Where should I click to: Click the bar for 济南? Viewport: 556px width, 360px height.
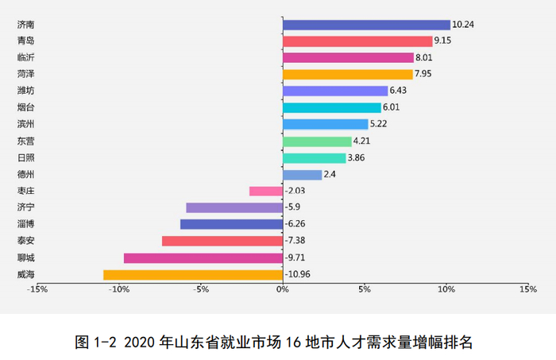(366, 25)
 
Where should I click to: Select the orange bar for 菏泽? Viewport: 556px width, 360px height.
(348, 75)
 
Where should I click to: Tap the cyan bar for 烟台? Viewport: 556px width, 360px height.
(332, 107)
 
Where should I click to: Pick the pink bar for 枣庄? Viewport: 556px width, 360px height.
(266, 191)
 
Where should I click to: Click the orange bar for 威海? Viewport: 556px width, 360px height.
(193, 275)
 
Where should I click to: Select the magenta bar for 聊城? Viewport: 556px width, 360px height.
(203, 258)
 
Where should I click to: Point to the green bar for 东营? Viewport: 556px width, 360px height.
(317, 141)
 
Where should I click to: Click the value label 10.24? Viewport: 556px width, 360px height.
(463, 25)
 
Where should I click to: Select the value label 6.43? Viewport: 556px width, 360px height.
(400, 91)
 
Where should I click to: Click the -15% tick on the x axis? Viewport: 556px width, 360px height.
(37, 289)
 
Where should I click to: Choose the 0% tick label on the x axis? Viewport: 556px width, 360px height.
(283, 289)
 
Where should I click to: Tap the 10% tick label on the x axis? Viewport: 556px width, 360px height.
(446, 289)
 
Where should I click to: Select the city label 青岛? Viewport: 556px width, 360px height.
(25, 41)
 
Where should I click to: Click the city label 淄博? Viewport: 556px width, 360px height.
(25, 224)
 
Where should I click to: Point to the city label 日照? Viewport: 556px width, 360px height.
(25, 157)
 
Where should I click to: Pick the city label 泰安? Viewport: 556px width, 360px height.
(25, 241)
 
